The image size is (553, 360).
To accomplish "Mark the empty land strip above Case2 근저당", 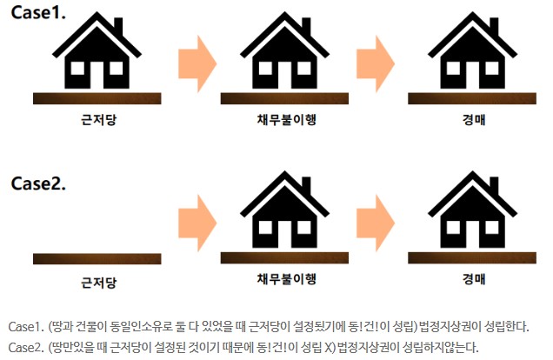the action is coord(97,258).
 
